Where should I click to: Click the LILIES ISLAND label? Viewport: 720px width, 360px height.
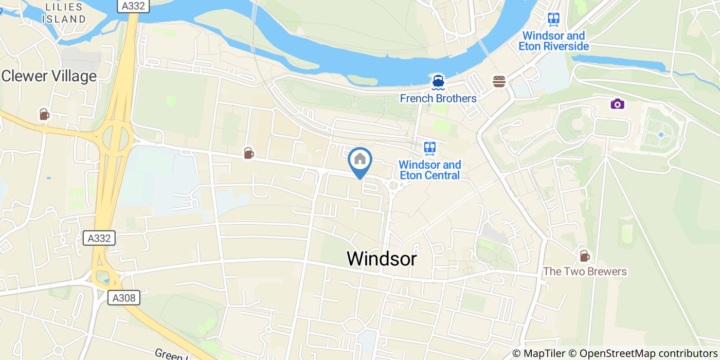[64, 13]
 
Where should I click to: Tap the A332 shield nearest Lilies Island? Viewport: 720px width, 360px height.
[133, 6]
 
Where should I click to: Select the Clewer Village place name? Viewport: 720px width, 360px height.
[49, 77]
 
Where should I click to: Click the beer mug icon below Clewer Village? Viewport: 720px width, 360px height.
[44, 114]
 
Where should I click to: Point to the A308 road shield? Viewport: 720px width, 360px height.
[124, 298]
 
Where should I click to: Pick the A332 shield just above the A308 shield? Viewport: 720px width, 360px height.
[99, 238]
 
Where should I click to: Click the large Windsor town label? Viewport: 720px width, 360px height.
[382, 258]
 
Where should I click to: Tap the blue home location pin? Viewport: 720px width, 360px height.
[360, 160]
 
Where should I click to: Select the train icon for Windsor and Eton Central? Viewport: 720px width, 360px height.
[430, 149]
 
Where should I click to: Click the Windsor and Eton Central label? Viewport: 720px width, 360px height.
[430, 170]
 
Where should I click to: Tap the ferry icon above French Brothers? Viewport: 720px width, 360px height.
[438, 81]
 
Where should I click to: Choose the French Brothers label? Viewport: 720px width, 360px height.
[438, 98]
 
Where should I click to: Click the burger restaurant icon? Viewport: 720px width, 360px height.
[499, 81]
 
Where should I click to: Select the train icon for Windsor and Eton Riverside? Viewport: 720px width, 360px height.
[553, 20]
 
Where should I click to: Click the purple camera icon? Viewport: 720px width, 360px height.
[617, 104]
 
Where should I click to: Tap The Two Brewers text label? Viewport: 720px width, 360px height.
[585, 272]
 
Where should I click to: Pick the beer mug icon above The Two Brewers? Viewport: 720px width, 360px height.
[584, 256]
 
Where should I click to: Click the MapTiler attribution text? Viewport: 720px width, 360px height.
[544, 354]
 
